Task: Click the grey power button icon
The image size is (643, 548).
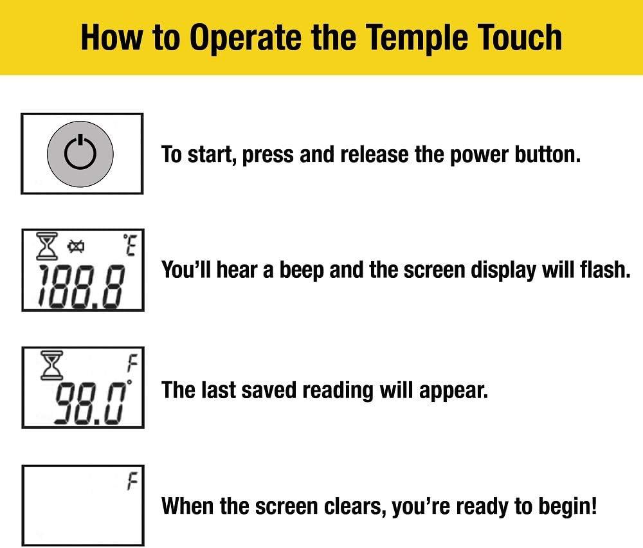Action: pyautogui.click(x=80, y=154)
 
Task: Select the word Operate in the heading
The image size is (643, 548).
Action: pyautogui.click(x=246, y=38)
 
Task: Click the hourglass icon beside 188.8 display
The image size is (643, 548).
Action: pyautogui.click(x=47, y=246)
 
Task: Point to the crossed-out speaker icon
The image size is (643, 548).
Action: pyautogui.click(x=77, y=246)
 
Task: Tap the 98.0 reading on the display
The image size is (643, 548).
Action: pyautogui.click(x=89, y=404)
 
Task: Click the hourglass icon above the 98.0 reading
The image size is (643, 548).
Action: pyautogui.click(x=51, y=365)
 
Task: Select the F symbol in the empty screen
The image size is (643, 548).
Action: pyautogui.click(x=132, y=481)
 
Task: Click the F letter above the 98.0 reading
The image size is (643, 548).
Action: pyautogui.click(x=132, y=363)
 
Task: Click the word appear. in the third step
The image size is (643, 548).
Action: pyautogui.click(x=453, y=390)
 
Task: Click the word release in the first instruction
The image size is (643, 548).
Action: pyautogui.click(x=374, y=154)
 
